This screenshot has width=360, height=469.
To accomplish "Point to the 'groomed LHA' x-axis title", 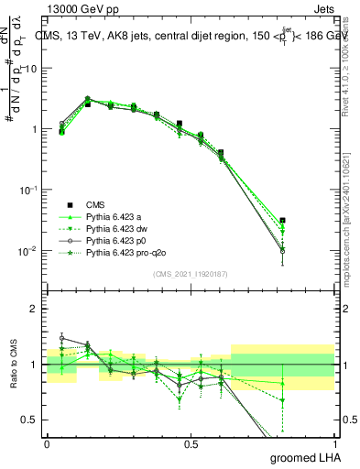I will (303, 457).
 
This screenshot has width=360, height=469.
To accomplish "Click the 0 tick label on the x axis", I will (47, 442).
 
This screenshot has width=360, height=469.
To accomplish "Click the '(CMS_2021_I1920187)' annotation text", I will (190, 273).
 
